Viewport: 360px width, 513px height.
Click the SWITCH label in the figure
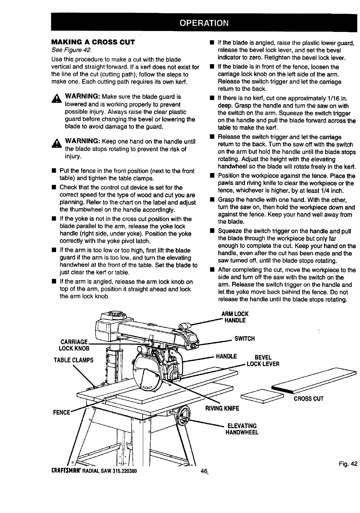[x=244, y=339]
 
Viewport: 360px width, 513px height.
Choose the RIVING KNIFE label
[x=222, y=408]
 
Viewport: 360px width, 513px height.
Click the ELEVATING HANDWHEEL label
[x=242, y=429]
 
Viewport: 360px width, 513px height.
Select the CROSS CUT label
[x=308, y=399]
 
